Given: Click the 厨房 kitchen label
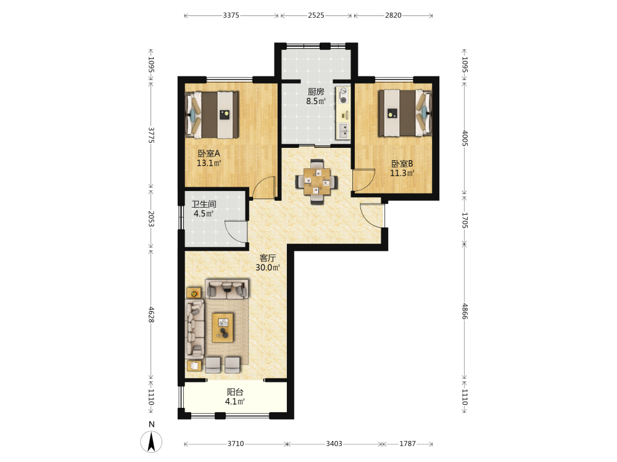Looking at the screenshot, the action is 316,92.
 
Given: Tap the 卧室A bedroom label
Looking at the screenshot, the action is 209,153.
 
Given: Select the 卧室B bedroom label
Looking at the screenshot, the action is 402,164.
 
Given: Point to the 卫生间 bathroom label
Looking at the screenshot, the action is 204,205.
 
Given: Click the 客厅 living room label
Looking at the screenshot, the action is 268,258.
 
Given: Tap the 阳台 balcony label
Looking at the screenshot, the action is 235,392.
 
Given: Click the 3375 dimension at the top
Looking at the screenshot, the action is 231,15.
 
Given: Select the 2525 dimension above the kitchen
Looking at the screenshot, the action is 316,15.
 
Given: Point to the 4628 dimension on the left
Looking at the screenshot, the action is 151,314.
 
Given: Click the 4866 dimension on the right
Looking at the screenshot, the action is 465,311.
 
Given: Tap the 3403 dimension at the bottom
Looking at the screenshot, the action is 334,444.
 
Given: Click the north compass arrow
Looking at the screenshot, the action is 151,442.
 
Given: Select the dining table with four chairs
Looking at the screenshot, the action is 317,182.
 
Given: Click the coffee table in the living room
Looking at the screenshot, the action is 223,328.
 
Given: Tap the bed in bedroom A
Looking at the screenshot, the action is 212,115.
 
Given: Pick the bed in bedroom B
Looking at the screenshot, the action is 405,113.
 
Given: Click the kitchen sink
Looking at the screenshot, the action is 344,131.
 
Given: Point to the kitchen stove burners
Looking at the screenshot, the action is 344,95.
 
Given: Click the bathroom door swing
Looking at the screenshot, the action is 236,232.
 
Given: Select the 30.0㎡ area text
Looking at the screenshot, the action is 268,268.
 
